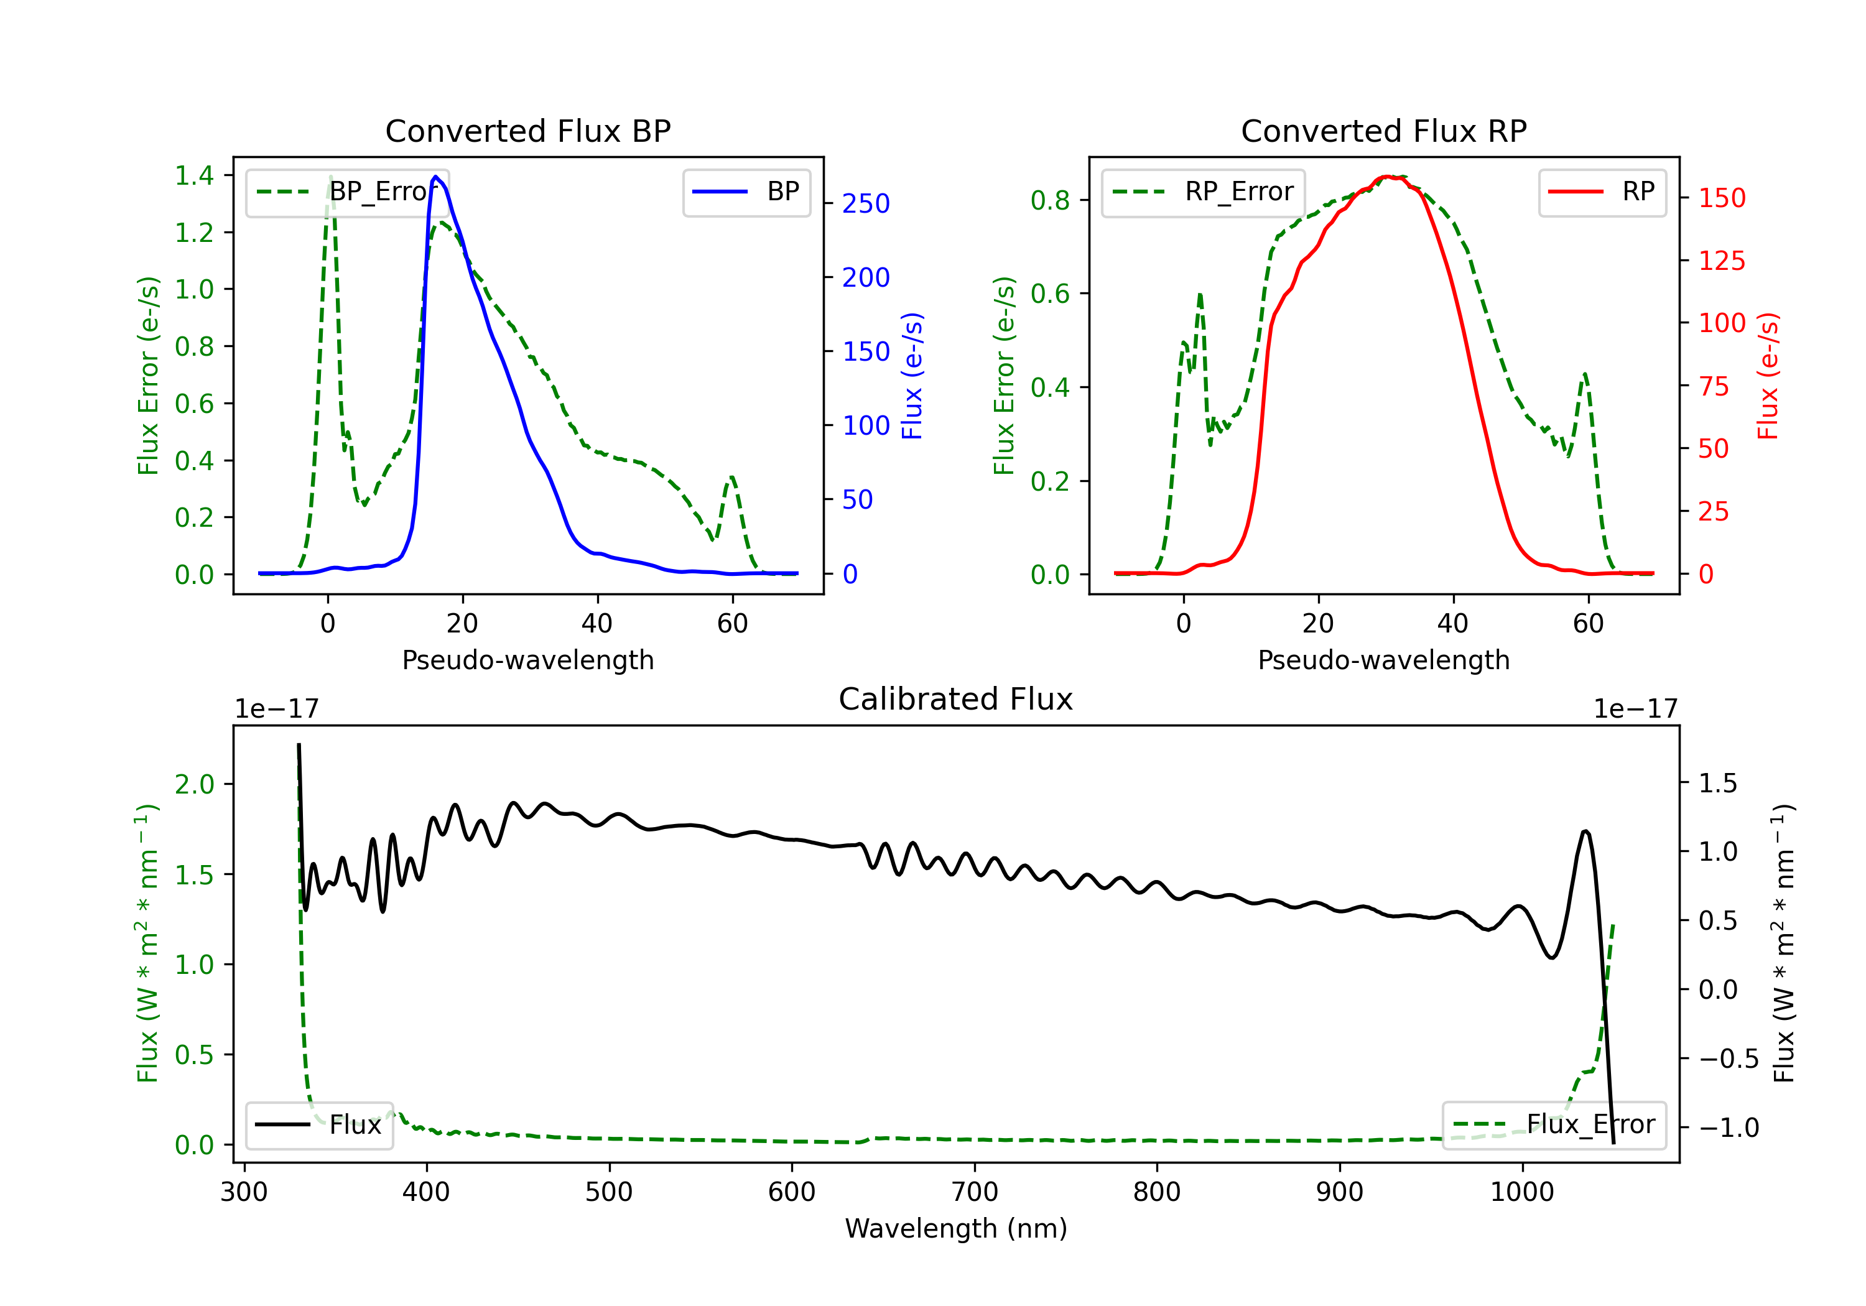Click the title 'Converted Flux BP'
[x=528, y=131]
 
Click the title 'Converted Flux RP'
[x=1384, y=131]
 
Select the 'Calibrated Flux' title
[x=956, y=699]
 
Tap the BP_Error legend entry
[x=347, y=192]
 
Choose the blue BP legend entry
[x=746, y=192]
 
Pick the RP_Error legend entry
[x=1203, y=192]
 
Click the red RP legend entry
[x=1602, y=192]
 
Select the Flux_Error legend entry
[x=1554, y=1125]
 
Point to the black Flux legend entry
[x=318, y=1125]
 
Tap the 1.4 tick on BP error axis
[x=194, y=175]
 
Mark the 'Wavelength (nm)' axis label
[x=956, y=1228]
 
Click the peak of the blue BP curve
[x=435, y=177]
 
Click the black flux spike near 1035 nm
[x=1585, y=831]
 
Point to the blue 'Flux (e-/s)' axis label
[x=912, y=376]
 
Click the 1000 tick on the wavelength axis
[x=1522, y=1192]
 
